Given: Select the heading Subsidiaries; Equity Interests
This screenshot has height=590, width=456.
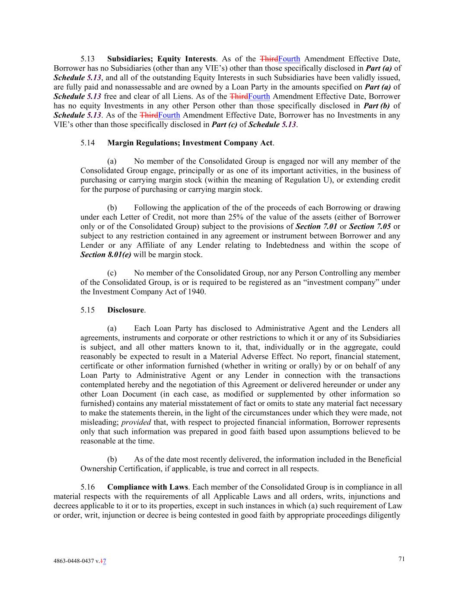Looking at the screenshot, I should [161, 59].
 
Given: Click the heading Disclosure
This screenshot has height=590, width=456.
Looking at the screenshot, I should [125, 310].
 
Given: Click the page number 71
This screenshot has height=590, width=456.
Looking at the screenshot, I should [402, 559].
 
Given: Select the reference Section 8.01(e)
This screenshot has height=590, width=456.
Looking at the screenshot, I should [106, 255].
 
